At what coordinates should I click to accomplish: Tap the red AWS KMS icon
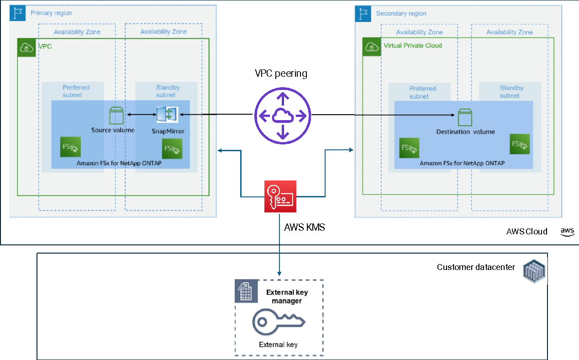[280, 196]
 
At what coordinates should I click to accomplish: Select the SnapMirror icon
[167, 114]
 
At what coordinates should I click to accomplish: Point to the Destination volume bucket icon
[465, 117]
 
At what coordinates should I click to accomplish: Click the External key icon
[279, 322]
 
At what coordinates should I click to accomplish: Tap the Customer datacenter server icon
[534, 271]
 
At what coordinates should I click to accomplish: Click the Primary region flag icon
[17, 13]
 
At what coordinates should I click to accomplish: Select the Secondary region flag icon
[363, 14]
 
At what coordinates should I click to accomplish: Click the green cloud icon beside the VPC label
[26, 48]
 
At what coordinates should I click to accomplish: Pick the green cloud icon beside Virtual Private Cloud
[372, 47]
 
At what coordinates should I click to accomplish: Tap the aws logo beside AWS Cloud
[567, 232]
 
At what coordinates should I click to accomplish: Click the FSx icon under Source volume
[70, 147]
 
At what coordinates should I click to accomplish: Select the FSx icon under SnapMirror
[172, 149]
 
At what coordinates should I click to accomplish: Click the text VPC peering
[281, 74]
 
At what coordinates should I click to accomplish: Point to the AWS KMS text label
[304, 228]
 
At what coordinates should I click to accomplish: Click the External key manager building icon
[246, 291]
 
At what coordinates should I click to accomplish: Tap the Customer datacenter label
[476, 267]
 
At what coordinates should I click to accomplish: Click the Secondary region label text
[401, 13]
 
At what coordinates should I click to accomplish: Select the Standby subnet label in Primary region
[168, 91]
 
